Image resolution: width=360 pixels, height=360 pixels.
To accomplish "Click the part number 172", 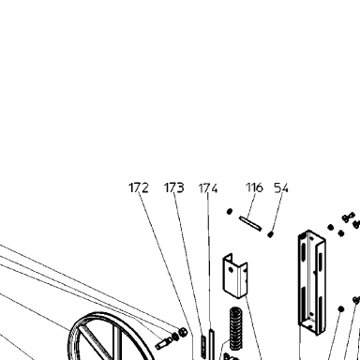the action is point(139,187).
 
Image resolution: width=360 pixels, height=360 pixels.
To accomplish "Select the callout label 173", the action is point(174,187).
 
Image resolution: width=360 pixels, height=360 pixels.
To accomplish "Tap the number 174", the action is point(208,188).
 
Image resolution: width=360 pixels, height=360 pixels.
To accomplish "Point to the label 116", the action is point(254,187).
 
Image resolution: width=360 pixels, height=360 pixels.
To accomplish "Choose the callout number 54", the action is point(281,187).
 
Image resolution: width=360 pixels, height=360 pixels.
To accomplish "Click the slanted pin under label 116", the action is point(250,223).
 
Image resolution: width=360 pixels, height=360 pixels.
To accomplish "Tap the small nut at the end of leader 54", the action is point(270,234).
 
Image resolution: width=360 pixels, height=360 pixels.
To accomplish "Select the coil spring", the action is point(236,328).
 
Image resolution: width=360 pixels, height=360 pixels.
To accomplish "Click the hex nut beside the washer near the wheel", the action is point(182,334).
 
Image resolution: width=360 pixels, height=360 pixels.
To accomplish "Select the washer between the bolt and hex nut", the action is point(175,337).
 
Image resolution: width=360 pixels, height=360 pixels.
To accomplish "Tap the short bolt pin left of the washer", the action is point(162,344).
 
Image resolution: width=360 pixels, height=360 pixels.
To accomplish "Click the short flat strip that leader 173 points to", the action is point(203,346).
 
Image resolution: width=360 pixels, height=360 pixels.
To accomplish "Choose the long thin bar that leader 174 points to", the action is point(212,344).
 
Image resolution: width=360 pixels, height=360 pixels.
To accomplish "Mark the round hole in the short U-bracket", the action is point(231,269).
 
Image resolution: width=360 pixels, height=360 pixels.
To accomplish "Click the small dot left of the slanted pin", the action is point(230,212).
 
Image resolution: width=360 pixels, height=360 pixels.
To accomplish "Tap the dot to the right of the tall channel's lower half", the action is point(341,309).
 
